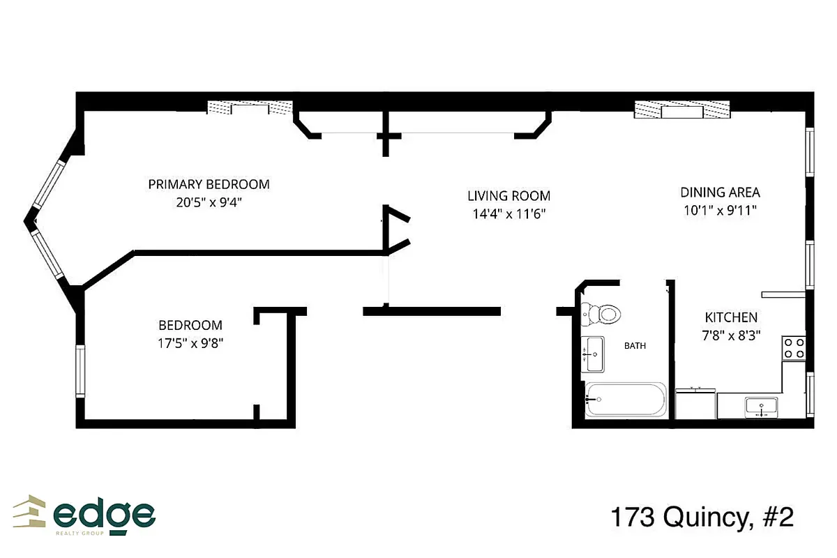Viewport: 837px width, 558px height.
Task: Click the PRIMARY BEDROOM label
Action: [209, 185]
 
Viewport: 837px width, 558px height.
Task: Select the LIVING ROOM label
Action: [508, 196]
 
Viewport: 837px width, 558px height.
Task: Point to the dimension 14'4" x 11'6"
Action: [508, 214]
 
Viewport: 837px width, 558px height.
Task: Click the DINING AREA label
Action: [720, 193]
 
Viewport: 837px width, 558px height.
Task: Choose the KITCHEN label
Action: [730, 317]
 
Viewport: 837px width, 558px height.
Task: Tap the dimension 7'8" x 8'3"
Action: [730, 335]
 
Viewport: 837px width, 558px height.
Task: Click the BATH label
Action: [635, 345]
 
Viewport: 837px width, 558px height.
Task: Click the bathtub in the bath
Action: [626, 400]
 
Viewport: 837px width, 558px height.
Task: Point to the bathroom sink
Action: [594, 354]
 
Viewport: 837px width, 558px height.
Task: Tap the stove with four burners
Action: [794, 347]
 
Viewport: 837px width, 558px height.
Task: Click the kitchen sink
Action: [761, 406]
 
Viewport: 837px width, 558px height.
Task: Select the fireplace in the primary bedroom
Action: [250, 108]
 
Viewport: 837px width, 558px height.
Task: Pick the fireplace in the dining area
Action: [682, 110]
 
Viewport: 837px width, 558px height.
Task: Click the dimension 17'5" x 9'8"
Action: [190, 343]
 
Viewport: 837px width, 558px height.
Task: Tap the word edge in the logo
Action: [105, 515]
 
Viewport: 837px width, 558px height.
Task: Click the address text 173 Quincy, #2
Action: [702, 518]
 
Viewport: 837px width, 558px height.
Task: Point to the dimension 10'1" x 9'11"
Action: [720, 209]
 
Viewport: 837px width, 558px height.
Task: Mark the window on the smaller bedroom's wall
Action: [80, 371]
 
